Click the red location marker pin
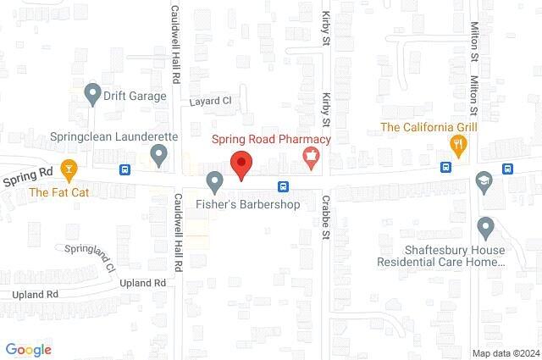tap(242, 163)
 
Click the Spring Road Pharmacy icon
tap(312, 156)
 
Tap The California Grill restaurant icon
tap(458, 146)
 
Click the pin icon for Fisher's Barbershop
tap(215, 180)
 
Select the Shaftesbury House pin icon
tap(485, 227)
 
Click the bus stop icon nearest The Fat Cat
tap(125, 169)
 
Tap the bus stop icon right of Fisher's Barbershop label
tap(282, 186)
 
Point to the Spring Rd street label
tap(27, 175)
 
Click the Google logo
tap(28, 349)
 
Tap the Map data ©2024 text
tap(505, 352)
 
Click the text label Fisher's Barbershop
tap(240, 204)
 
